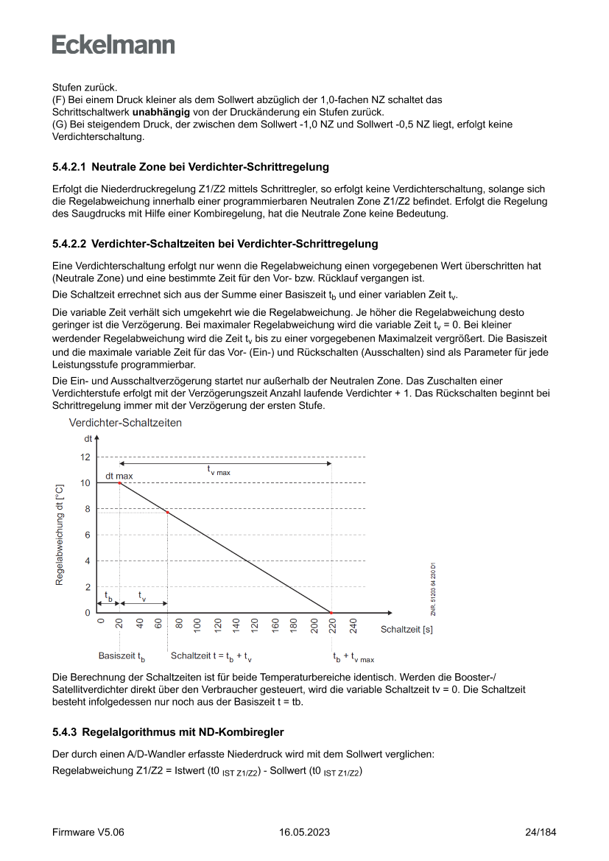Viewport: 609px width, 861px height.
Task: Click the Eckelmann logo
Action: pos(113,45)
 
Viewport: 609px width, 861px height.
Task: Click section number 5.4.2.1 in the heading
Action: pos(68,167)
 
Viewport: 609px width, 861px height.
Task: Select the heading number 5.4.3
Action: pos(64,733)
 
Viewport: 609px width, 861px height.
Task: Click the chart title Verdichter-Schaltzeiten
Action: pos(125,423)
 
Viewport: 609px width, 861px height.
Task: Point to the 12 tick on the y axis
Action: pos(85,457)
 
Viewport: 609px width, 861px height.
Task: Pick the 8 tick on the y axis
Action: pos(88,509)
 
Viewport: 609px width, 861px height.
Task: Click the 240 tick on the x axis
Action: pos(353,628)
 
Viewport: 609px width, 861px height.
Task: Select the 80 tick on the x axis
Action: pos(179,626)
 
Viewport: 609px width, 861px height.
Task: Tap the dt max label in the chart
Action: pos(119,476)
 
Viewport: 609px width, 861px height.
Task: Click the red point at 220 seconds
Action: pos(331,613)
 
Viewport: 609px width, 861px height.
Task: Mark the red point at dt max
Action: pos(119,483)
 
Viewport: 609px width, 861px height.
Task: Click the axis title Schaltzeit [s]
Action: pos(406,630)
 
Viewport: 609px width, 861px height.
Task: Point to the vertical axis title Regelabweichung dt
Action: pos(59,535)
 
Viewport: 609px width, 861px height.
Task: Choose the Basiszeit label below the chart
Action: pos(122,656)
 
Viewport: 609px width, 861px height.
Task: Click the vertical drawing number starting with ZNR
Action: pos(434,589)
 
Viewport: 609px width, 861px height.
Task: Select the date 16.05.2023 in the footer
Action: pos(304,832)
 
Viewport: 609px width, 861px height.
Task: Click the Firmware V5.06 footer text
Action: pos(88,832)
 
